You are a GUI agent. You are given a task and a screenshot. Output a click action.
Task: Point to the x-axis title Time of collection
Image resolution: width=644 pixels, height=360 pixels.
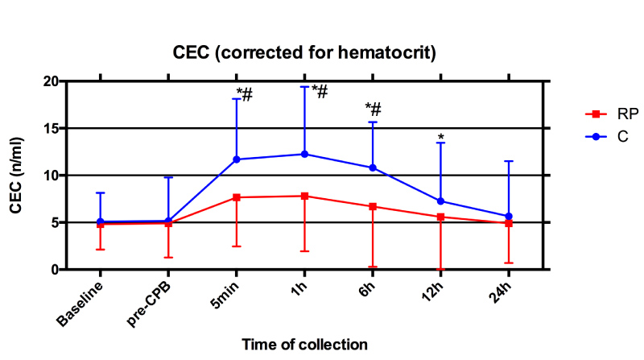(x=305, y=344)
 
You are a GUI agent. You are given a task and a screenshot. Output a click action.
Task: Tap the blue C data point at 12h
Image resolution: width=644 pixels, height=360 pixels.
(x=441, y=201)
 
